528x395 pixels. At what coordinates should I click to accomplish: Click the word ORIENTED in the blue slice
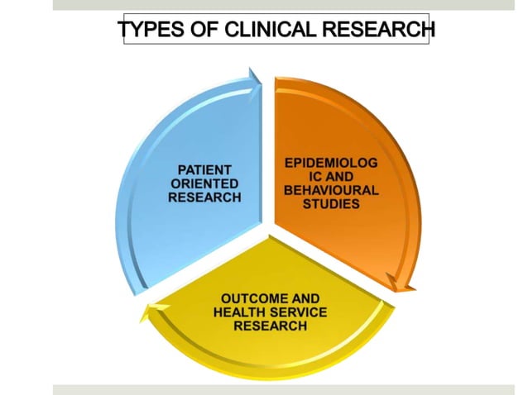[204, 184]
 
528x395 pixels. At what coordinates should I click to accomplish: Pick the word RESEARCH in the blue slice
[204, 197]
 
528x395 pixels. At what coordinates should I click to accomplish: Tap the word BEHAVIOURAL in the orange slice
[331, 191]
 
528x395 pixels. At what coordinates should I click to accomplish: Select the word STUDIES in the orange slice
[331, 203]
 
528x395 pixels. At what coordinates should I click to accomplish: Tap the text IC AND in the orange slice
[331, 178]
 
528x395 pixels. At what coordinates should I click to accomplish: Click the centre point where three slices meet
[267, 224]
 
